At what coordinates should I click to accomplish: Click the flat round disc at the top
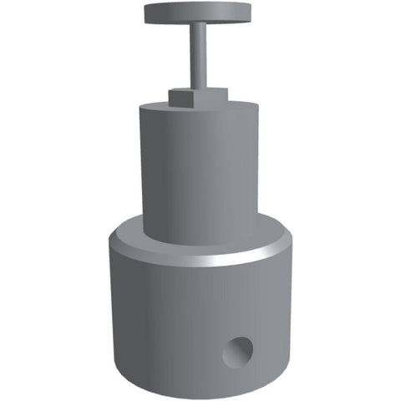click(x=199, y=12)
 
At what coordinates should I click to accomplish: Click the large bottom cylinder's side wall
click(x=167, y=326)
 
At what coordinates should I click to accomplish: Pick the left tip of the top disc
click(x=145, y=13)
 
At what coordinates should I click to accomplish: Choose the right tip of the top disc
click(x=253, y=13)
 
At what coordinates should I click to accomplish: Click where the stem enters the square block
click(x=200, y=89)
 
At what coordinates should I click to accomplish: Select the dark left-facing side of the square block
click(x=173, y=98)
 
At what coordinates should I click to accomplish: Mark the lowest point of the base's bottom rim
click(x=200, y=398)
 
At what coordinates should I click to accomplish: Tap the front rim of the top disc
click(x=199, y=21)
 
